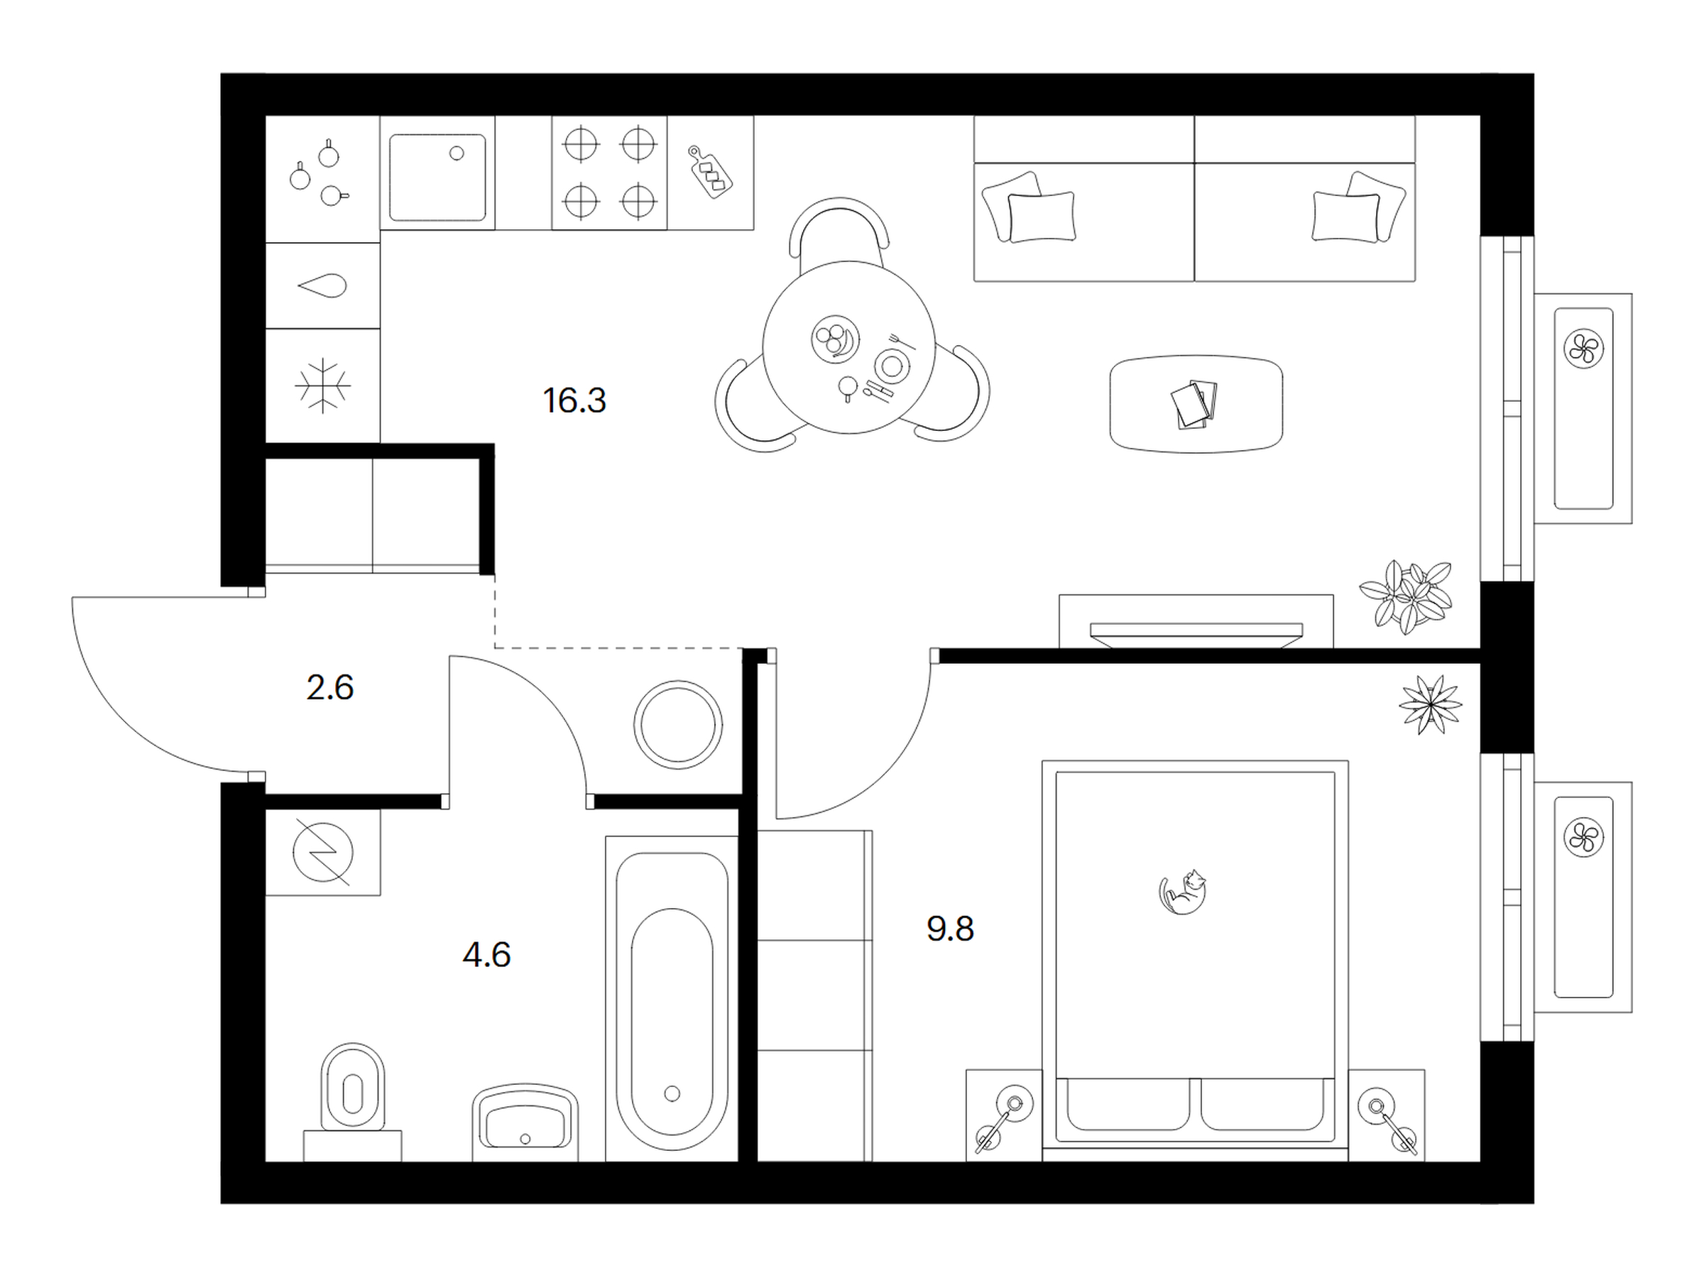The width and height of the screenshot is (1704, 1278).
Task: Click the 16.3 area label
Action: [x=574, y=400]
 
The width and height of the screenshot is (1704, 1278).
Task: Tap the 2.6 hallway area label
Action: [x=329, y=687]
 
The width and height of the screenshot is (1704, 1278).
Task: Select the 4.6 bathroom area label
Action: [x=486, y=955]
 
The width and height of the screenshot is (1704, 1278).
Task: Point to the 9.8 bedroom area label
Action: [x=950, y=929]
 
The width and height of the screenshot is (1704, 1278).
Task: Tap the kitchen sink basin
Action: [x=437, y=178]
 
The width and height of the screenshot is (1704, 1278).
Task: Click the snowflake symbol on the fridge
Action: [x=323, y=385]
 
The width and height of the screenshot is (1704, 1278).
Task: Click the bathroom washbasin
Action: [x=525, y=1123]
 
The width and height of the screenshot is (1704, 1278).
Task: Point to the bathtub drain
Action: [x=672, y=1093]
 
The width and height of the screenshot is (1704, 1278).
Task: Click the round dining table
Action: [x=849, y=346]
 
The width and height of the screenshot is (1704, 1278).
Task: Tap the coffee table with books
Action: [x=1196, y=404]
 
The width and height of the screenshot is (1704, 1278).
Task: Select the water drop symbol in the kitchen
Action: [x=323, y=287]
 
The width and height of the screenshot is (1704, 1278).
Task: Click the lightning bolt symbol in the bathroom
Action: [x=323, y=853]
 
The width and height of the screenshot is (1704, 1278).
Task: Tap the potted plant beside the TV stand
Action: [x=1406, y=596]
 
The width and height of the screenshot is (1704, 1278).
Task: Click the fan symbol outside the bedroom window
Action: [x=1583, y=837]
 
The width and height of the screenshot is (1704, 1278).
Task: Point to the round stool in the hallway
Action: [x=678, y=725]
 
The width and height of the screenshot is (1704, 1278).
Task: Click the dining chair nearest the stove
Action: [x=840, y=230]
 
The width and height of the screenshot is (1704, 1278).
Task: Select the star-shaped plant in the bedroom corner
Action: [x=1431, y=704]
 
